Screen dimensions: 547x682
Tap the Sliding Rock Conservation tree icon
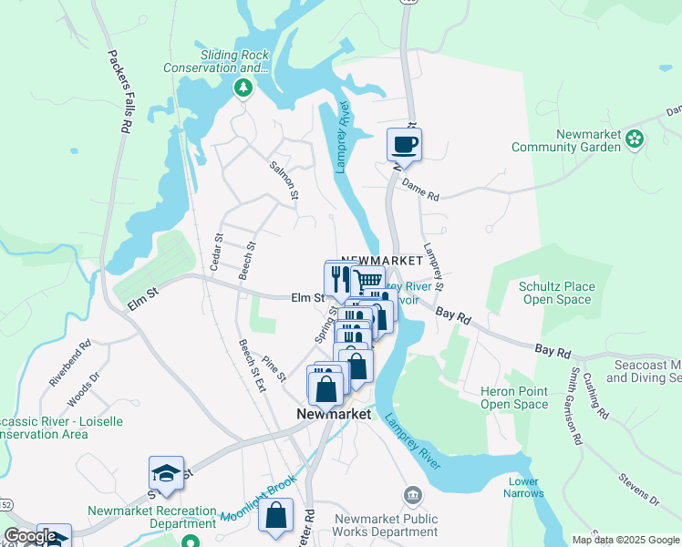coord(243,88)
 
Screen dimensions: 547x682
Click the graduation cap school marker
coord(166,472)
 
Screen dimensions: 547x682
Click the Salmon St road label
coord(284,181)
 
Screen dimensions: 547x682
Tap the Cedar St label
coord(217,251)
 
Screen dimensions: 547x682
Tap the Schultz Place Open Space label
coord(556,293)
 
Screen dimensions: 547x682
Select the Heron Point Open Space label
coord(514,397)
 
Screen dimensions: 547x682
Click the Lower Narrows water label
coord(523,488)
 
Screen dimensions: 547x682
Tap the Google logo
coord(30,536)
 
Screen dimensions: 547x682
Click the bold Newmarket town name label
coord(335,413)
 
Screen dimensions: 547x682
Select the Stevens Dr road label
coord(638,487)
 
